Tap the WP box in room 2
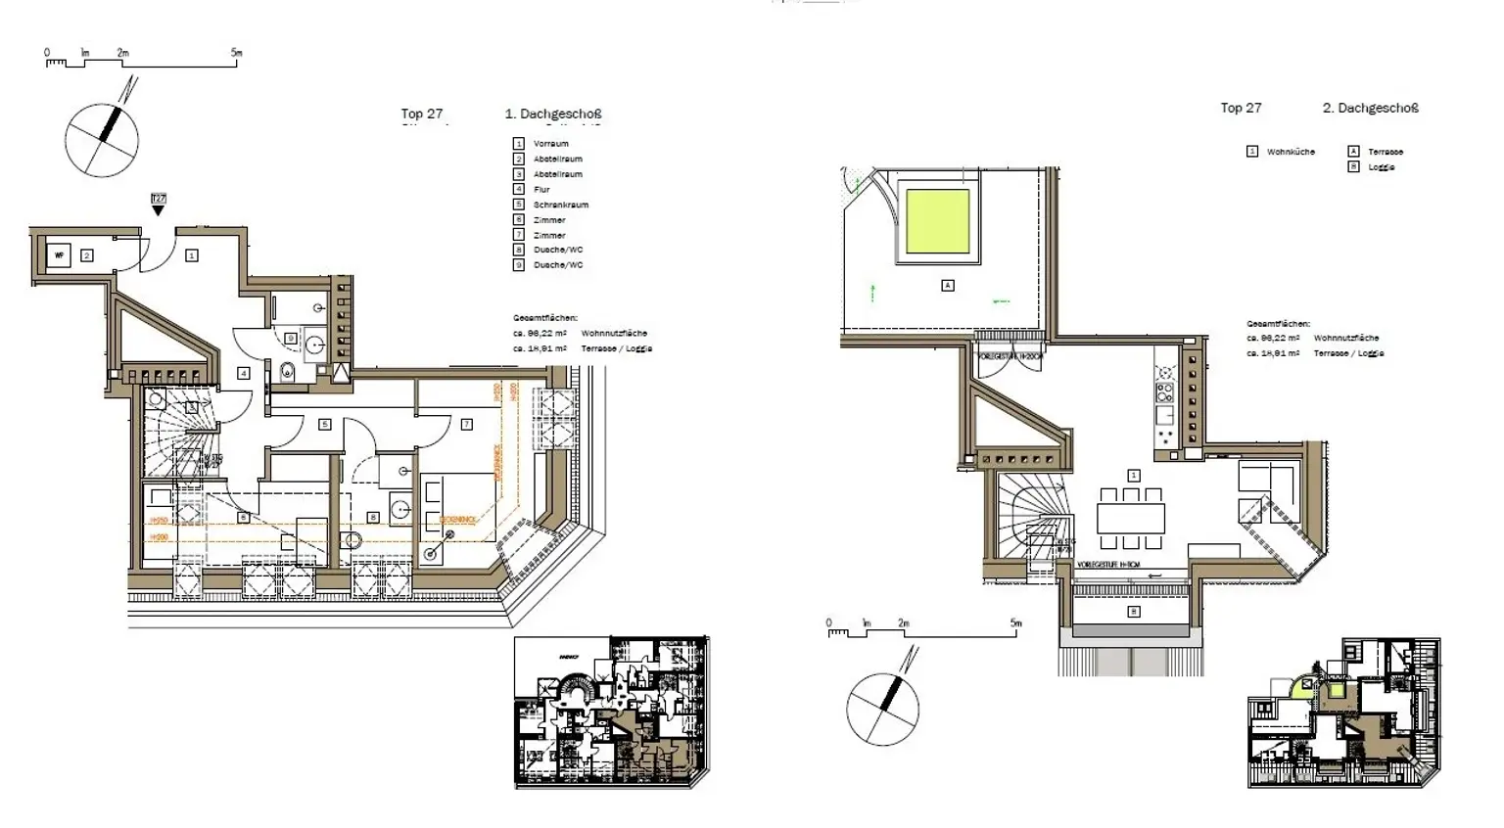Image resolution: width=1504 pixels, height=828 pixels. point(60,256)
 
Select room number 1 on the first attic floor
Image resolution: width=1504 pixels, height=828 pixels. point(192,255)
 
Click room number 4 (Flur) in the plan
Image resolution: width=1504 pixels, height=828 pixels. point(244,373)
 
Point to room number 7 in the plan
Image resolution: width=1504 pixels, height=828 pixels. point(466,424)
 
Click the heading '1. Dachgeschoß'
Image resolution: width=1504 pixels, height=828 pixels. point(552,114)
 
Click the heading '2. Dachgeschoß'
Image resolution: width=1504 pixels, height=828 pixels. point(1370,108)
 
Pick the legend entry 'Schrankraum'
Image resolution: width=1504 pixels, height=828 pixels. point(560,205)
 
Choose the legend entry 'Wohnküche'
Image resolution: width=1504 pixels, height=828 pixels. point(1291,152)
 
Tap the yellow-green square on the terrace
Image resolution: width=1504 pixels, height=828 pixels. point(938,220)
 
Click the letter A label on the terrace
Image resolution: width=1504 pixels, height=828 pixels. point(947,285)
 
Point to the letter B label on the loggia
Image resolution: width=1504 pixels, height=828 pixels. point(1134,612)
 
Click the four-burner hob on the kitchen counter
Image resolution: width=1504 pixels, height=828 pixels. point(1164,392)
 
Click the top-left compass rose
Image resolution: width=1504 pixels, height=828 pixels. point(102,139)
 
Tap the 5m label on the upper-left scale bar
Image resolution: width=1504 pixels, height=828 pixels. point(236,53)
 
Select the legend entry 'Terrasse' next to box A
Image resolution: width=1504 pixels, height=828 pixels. point(1385,152)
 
